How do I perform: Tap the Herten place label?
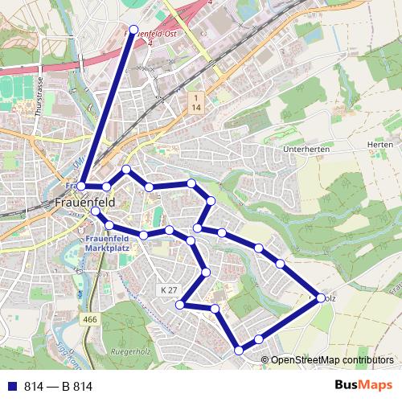pos(379,145)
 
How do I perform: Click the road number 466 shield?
pos(90,320)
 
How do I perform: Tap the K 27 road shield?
pos(169,289)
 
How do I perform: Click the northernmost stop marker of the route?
pos(134,30)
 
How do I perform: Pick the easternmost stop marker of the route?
pos(321,297)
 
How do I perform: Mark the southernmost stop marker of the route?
pos(239,350)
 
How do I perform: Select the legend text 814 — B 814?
pos(59,387)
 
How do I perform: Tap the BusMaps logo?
pos(363,386)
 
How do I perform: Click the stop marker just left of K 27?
pos(182,305)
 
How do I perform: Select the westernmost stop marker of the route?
pos(81,187)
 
